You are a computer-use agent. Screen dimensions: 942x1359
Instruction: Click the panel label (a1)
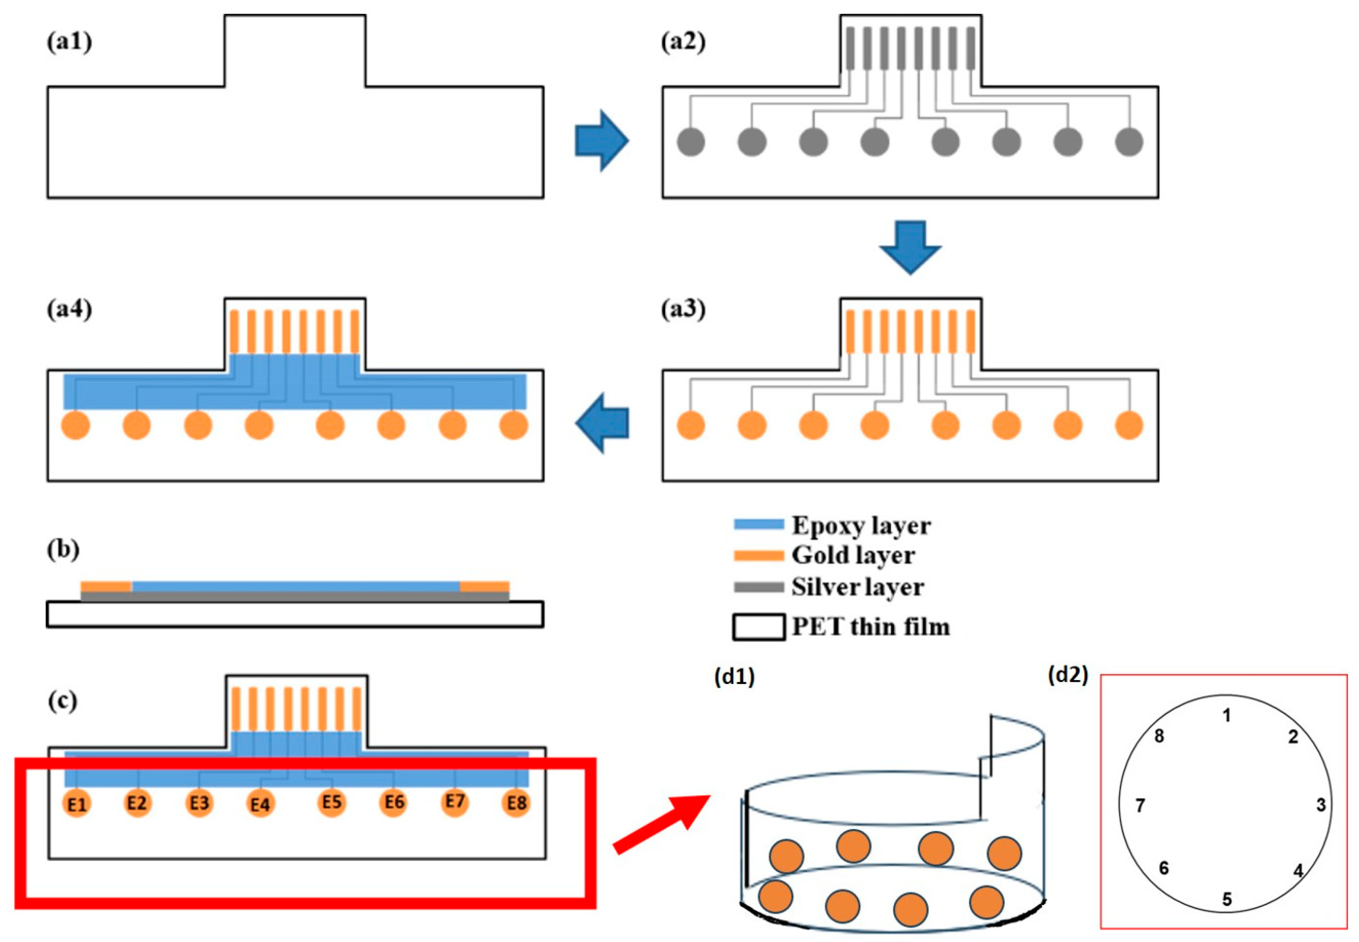(x=69, y=43)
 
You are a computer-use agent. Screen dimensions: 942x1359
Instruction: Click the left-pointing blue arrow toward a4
(x=601, y=423)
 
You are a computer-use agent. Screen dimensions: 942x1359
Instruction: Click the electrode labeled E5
(x=332, y=802)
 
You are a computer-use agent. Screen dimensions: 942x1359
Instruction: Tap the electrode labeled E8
(x=516, y=804)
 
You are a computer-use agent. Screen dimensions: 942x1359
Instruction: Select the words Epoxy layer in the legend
(x=861, y=525)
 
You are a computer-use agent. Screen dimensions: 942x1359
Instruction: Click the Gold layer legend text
(x=853, y=555)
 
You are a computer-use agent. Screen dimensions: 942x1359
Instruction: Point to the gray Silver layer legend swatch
(x=759, y=587)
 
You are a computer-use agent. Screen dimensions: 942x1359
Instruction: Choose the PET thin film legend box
(x=759, y=627)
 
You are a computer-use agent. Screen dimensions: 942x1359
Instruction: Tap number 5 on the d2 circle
(x=1226, y=899)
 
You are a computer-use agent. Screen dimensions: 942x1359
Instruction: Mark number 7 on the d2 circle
(x=1140, y=805)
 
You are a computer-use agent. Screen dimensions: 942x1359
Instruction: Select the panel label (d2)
(x=1067, y=675)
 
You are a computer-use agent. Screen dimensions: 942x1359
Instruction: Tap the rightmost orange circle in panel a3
(x=1129, y=425)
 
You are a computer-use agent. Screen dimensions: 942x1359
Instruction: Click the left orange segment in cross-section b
(x=106, y=587)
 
